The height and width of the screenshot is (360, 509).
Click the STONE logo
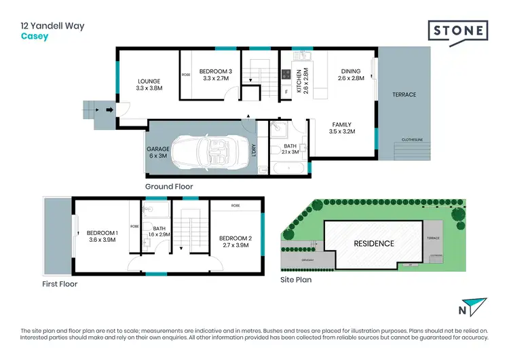[458, 32]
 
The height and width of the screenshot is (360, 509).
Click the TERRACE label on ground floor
[404, 94]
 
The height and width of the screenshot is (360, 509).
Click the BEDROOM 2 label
[235, 238]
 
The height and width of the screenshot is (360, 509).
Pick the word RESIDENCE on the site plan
[373, 243]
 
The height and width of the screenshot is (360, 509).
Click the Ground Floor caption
[169, 186]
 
